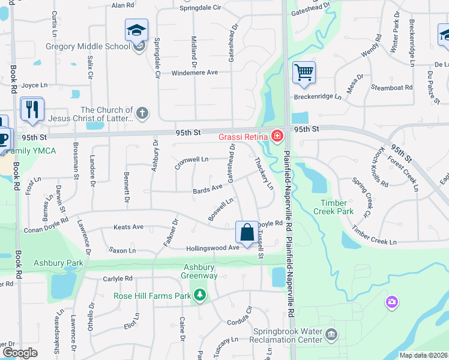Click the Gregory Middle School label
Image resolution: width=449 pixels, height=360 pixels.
pyautogui.click(x=88, y=46)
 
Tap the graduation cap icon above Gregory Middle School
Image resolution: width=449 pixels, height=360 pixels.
pyautogui.click(x=136, y=30)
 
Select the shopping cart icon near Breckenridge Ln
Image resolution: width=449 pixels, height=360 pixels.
pyautogui.click(x=304, y=73)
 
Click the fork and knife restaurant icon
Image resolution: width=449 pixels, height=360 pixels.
pyautogui.click(x=32, y=108)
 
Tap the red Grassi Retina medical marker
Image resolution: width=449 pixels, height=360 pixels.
pyautogui.click(x=277, y=136)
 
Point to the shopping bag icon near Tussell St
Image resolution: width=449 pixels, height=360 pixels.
pyautogui.click(x=247, y=232)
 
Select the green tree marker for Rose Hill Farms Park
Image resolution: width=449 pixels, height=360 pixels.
pyautogui.click(x=199, y=295)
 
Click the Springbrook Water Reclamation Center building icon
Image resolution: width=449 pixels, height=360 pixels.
pyautogui.click(x=331, y=334)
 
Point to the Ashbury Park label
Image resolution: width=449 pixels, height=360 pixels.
pyautogui.click(x=58, y=263)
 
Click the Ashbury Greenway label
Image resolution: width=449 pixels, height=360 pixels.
pyautogui.click(x=199, y=271)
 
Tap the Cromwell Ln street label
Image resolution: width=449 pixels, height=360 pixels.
pyautogui.click(x=191, y=160)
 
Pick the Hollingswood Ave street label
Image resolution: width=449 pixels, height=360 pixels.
pyautogui.click(x=212, y=247)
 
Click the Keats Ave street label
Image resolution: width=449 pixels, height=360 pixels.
pyautogui.click(x=128, y=227)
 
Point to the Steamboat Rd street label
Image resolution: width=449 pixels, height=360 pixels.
pyautogui.click(x=392, y=88)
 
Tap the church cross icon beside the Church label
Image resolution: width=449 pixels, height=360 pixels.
pyautogui.click(x=142, y=112)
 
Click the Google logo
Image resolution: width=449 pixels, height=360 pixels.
pyautogui.click(x=20, y=353)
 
